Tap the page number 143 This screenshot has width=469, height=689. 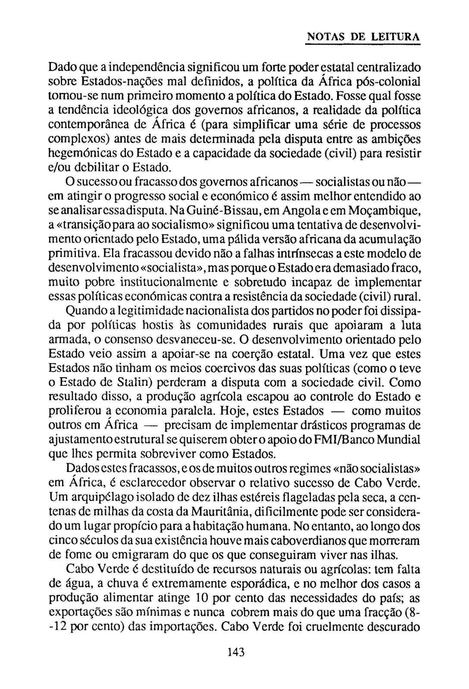236,652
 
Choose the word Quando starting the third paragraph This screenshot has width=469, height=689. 86,311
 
